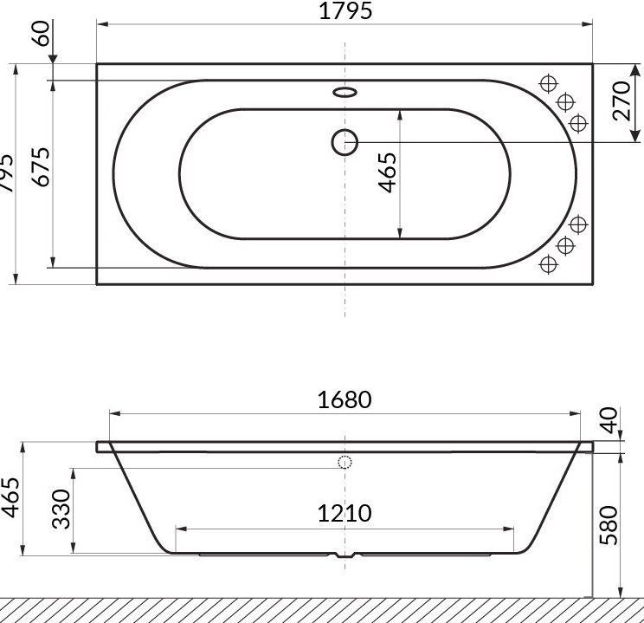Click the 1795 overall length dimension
coord(345,11)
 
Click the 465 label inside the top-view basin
coord(387,172)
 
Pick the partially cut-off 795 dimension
coord(6,172)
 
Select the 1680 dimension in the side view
coord(345,399)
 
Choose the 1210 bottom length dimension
coord(345,512)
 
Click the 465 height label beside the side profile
coord(11,496)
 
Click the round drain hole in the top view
coord(345,141)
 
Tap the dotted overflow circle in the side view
coord(345,463)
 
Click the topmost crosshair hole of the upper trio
coord(547,83)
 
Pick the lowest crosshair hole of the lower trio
coord(547,263)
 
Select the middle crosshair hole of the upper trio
coord(565,102)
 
